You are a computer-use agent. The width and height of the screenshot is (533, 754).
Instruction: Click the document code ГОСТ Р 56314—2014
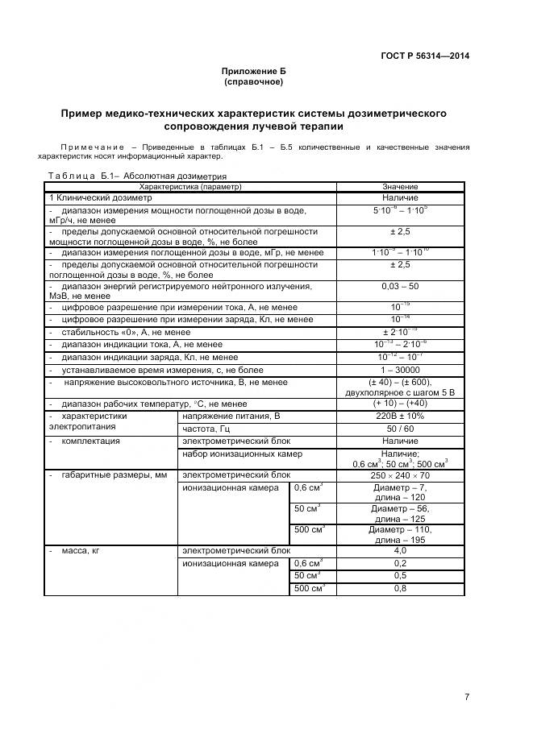click(424, 56)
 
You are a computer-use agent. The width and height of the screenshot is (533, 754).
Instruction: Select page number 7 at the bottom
click(467, 697)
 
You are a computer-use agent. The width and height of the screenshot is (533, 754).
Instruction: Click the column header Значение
click(400, 187)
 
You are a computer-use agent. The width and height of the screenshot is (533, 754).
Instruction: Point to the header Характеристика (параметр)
click(190, 187)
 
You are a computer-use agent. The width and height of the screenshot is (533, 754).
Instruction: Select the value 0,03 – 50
click(400, 286)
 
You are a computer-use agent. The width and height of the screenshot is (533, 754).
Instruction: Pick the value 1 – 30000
click(400, 370)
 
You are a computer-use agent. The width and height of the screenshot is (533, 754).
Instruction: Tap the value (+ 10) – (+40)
click(400, 404)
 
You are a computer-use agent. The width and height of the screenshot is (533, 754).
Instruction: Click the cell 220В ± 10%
click(400, 416)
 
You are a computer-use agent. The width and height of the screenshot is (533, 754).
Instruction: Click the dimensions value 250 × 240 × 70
click(400, 475)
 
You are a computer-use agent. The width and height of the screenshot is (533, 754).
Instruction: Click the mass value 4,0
click(400, 551)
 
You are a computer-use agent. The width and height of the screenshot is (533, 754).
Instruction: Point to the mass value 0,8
click(400, 588)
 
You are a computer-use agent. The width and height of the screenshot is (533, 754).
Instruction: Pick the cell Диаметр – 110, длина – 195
click(400, 534)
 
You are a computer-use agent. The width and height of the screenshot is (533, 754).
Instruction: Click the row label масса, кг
click(84, 551)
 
